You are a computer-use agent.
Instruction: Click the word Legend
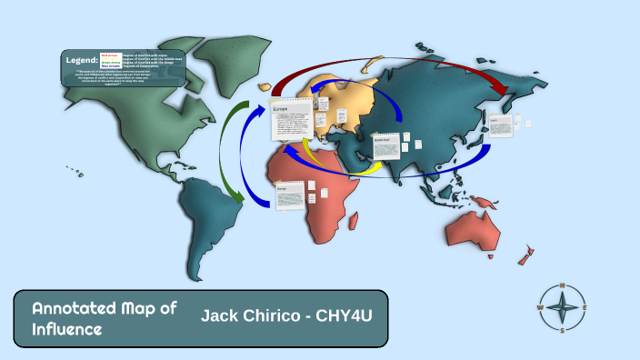pyautogui.click(x=81, y=59)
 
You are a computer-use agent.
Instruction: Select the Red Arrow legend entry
pyautogui.click(x=110, y=55)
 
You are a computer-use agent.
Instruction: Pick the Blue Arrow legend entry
pyautogui.click(x=110, y=66)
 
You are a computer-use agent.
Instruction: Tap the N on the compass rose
pyautogui.click(x=563, y=286)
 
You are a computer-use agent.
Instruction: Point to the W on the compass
pyautogui.click(x=541, y=307)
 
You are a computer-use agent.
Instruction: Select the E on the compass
pyautogui.click(x=585, y=307)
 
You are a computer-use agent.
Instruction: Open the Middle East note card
pyautogui.click(x=385, y=146)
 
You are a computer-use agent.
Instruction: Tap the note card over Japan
pyautogui.click(x=501, y=125)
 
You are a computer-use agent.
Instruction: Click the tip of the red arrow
pyautogui.click(x=505, y=93)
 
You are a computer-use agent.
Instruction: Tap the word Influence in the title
pyautogui.click(x=67, y=329)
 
